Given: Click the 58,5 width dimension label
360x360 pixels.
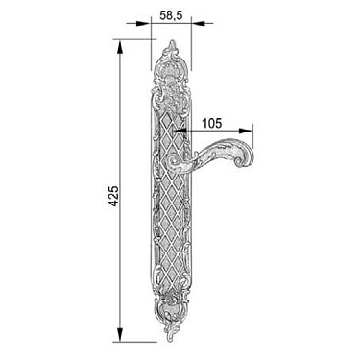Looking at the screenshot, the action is (x=171, y=15).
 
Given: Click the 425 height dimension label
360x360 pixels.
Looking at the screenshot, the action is (x=114, y=196).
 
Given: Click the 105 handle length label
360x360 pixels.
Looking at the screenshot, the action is (x=211, y=123).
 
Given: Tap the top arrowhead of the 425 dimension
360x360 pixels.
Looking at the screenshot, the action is (x=120, y=47).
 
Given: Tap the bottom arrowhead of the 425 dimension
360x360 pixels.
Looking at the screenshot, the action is (x=120, y=335).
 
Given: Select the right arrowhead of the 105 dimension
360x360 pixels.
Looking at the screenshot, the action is (x=247, y=131).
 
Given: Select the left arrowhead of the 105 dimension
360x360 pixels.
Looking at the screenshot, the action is (x=180, y=131).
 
